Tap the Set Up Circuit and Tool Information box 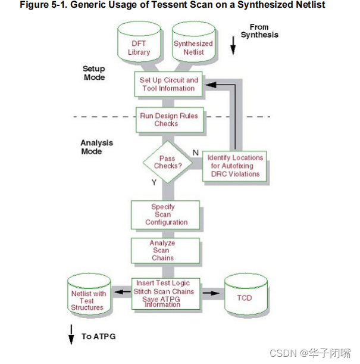click(168, 84)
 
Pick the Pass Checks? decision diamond click(167, 162)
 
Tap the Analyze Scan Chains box click(162, 250)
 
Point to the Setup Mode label click(94, 73)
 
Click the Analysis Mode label click(97, 147)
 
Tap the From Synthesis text click(259, 31)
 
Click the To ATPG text click(99, 337)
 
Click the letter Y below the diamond click(154, 182)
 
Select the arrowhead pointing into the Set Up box click(203, 84)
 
